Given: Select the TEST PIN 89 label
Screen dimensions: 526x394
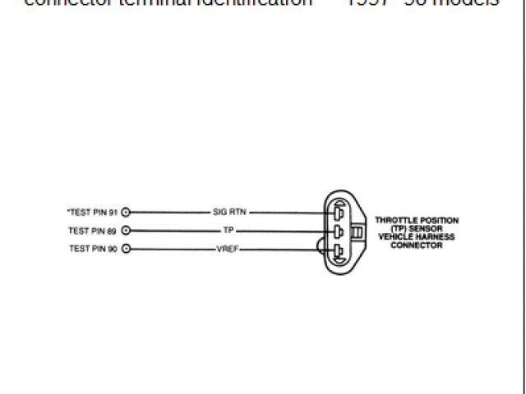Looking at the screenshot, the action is pos(92,231).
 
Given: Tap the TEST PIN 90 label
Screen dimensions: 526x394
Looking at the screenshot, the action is pos(92,249).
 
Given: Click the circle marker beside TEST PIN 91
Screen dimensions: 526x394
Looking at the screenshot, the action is pos(126,211).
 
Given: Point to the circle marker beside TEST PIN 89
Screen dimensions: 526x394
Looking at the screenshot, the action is pos(126,231).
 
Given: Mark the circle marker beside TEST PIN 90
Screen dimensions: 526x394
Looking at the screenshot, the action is pos(126,249).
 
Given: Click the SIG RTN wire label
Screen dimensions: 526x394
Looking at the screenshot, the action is pos(230,211).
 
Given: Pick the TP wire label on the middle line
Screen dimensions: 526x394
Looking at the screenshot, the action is pos(228,231).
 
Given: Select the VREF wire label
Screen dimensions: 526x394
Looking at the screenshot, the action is pos(227,249).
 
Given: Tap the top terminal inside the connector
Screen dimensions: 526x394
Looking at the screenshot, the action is pos(337,213).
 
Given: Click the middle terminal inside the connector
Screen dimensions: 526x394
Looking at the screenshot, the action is pos(337,232).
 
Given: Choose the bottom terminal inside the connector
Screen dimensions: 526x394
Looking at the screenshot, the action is pos(337,251).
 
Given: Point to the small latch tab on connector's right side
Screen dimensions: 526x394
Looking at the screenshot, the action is pos(356,233).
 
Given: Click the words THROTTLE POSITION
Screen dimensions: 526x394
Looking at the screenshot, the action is pos(417,220).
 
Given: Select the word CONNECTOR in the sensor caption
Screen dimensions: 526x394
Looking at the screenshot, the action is pos(417,245).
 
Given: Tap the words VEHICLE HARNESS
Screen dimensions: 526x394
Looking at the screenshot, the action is pos(417,236).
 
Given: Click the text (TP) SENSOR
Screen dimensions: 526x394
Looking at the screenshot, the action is pos(417,228).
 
